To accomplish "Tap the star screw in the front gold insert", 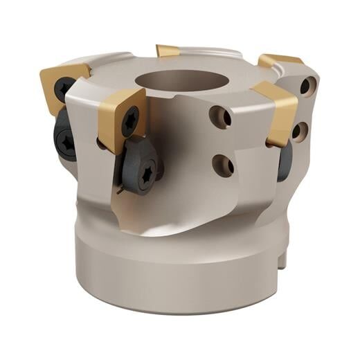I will click(130, 123).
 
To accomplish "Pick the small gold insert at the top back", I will click(168, 51).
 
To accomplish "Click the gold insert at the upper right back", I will click(280, 61).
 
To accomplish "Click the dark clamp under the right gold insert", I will click(284, 163).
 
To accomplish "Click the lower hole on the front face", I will click(222, 164).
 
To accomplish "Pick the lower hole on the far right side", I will click(300, 130).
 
